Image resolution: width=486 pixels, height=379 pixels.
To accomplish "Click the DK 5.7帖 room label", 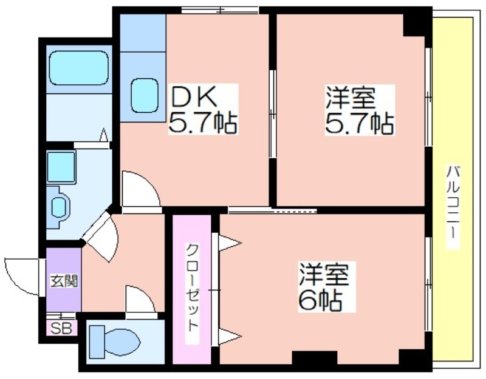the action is (x=204, y=109).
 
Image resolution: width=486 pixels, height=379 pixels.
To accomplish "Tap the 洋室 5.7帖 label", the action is (x=360, y=110).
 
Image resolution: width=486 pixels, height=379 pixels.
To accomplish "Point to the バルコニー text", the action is (x=453, y=207).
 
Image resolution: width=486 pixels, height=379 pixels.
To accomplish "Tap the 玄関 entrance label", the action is (x=64, y=281).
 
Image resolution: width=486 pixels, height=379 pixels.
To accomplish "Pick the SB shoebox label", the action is (x=61, y=329).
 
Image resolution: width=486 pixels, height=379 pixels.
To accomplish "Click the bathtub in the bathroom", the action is (x=79, y=68).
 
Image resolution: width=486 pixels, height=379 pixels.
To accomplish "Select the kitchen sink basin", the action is (x=145, y=96).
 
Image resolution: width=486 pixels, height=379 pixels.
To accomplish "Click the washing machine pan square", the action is (x=61, y=167).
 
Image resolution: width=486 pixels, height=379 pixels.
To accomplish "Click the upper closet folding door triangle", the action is (x=229, y=243).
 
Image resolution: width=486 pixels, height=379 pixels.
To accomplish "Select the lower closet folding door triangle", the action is (x=229, y=337).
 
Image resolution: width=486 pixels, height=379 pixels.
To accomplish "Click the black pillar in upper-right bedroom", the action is (x=414, y=25).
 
